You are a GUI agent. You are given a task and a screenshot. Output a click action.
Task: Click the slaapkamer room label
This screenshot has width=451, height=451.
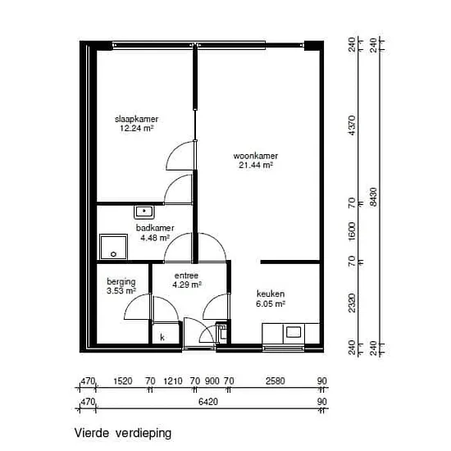(137, 119)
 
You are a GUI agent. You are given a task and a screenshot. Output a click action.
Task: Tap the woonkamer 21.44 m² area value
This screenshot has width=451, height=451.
(256, 165)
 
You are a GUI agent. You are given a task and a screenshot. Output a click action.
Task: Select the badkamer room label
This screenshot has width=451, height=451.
(155, 228)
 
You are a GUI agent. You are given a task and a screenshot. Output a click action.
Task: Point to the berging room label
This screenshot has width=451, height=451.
(121, 282)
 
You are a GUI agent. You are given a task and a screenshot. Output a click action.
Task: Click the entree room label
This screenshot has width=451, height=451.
(186, 276)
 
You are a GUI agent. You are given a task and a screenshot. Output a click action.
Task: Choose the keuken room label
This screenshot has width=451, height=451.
(271, 294)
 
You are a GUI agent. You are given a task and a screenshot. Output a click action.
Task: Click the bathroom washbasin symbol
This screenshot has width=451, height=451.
(144, 212)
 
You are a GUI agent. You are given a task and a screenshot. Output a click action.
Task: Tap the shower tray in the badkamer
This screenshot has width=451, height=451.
(114, 247)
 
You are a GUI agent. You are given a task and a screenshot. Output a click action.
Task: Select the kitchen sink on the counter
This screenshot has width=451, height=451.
(294, 332)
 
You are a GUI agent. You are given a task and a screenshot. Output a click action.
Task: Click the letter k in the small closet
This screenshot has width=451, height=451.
(162, 337)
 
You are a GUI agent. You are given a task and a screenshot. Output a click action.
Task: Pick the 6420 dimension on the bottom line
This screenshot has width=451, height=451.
(208, 402)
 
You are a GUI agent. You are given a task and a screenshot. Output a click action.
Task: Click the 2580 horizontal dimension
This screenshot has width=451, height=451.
(276, 381)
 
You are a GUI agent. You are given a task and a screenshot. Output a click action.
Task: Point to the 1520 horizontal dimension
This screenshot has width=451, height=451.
(123, 381)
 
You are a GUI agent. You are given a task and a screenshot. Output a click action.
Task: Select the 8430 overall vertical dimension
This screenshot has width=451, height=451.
(373, 197)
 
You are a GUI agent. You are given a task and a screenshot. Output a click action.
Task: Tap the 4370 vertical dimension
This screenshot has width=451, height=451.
(352, 125)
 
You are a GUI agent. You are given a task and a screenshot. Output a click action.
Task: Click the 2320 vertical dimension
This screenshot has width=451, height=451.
(352, 303)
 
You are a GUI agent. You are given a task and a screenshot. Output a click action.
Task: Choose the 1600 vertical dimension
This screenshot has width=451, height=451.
(352, 231)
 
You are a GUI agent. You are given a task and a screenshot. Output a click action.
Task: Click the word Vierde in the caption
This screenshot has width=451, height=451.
(92, 433)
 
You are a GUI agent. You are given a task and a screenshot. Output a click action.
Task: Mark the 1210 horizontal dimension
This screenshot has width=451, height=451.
(173, 381)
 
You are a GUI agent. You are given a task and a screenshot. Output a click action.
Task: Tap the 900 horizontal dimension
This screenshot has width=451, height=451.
(212, 381)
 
